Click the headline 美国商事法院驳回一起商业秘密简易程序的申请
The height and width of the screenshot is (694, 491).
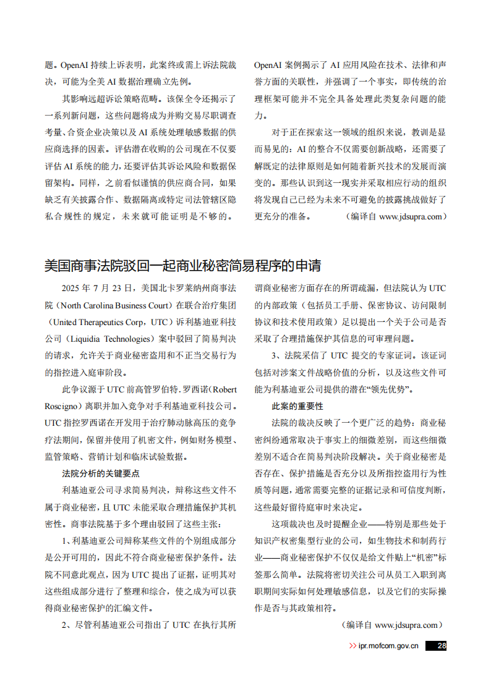[x=183, y=266]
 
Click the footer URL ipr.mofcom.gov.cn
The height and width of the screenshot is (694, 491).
[x=388, y=646]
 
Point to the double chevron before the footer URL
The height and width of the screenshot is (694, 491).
[x=352, y=646]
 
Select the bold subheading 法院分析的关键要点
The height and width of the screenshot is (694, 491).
[x=101, y=473]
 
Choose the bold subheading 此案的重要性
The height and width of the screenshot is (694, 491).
[x=297, y=406]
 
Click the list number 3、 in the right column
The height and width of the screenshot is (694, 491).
[x=276, y=355]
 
